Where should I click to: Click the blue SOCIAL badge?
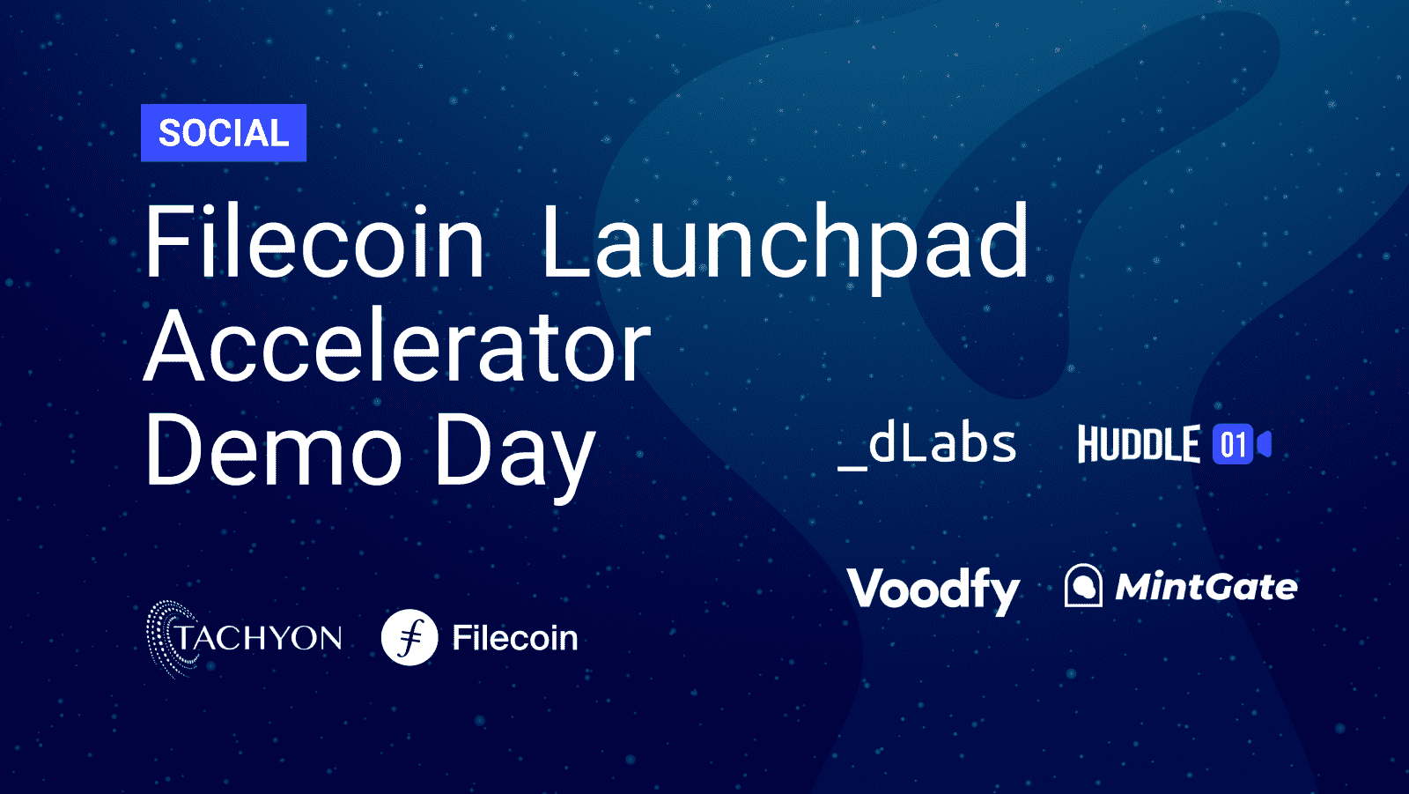pyautogui.click(x=224, y=133)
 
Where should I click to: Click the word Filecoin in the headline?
pyautogui.click(x=314, y=241)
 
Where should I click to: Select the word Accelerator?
pyautogui.click(x=397, y=345)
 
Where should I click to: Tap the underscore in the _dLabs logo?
pyautogui.click(x=853, y=468)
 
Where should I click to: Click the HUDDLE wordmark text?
pyautogui.click(x=1140, y=444)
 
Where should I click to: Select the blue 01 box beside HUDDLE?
pyautogui.click(x=1233, y=444)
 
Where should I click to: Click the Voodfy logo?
pyautogui.click(x=933, y=590)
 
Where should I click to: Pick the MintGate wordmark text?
pyautogui.click(x=1206, y=587)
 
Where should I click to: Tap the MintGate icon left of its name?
pyautogui.click(x=1083, y=585)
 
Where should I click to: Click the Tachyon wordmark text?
pyautogui.click(x=258, y=637)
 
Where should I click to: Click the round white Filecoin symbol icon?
pyautogui.click(x=409, y=637)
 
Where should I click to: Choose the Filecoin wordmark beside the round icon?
pyautogui.click(x=515, y=638)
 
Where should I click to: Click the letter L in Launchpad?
pyautogui.click(x=566, y=241)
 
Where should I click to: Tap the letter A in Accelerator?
pyautogui.click(x=173, y=345)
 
